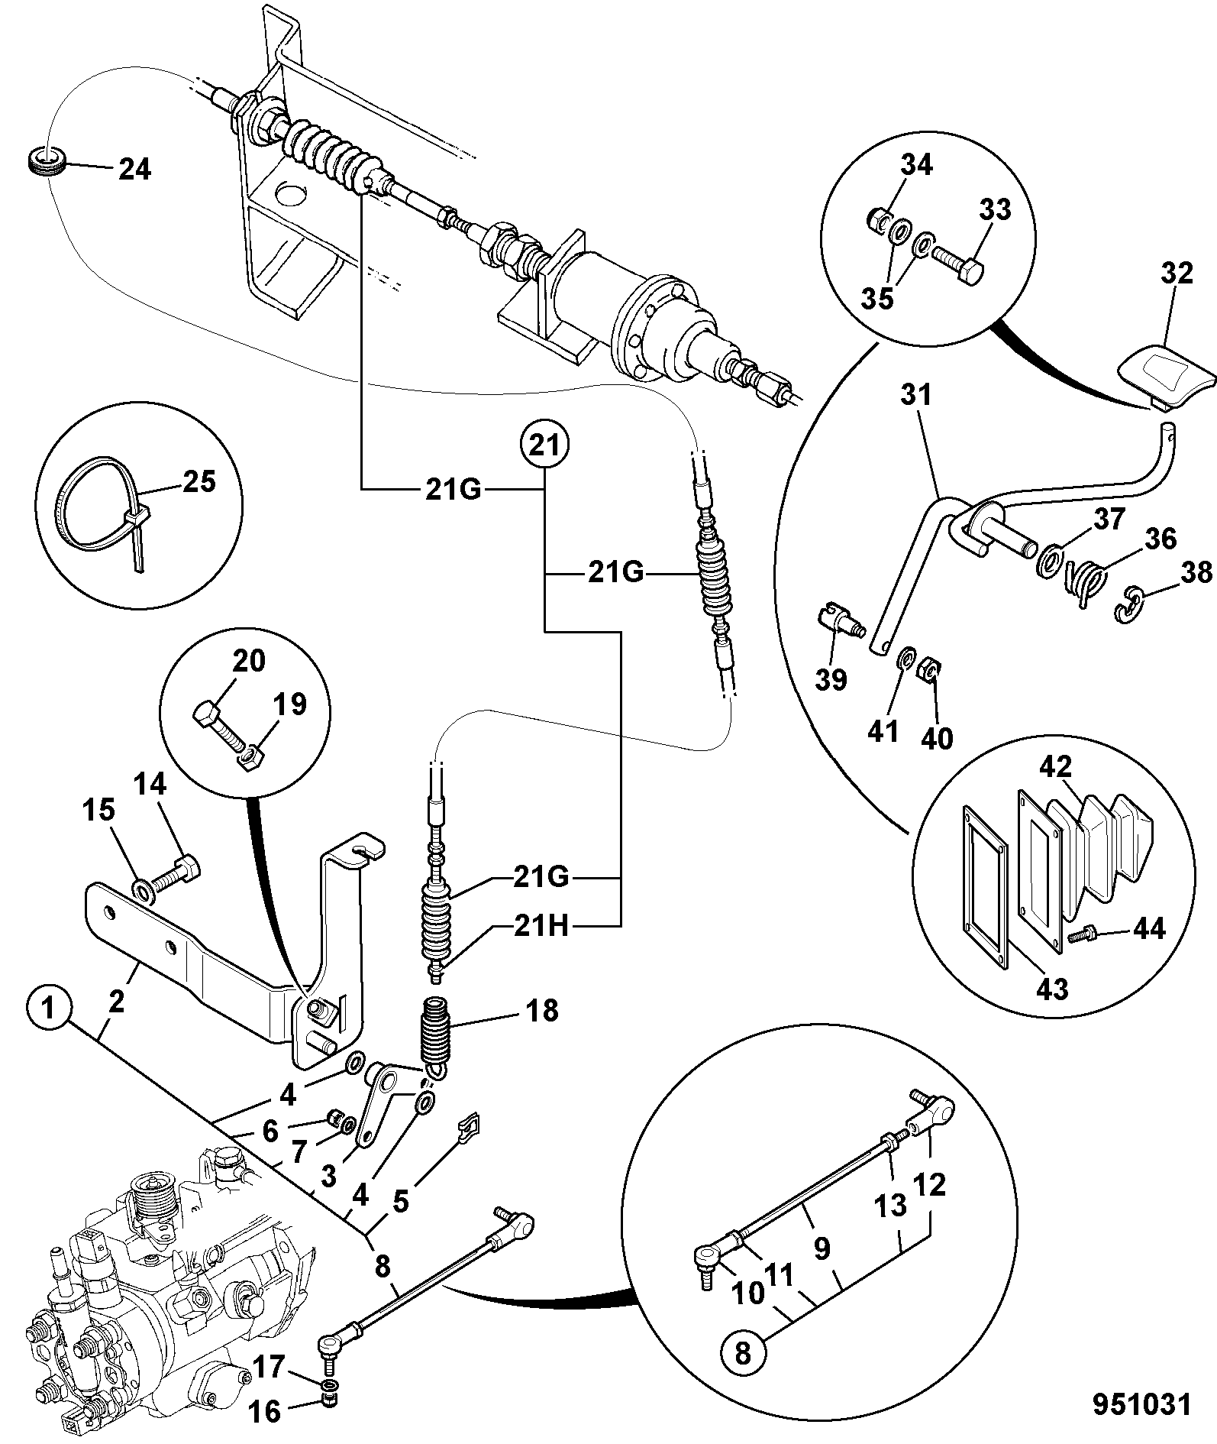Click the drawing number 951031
tap(1141, 1405)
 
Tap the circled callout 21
tap(544, 445)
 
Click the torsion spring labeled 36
tap(1084, 583)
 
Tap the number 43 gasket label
tap(1051, 989)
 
